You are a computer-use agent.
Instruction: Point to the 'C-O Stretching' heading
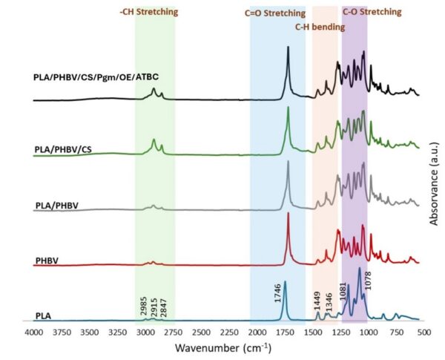tap(372, 12)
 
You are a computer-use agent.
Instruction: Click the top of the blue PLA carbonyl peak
tap(285, 281)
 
